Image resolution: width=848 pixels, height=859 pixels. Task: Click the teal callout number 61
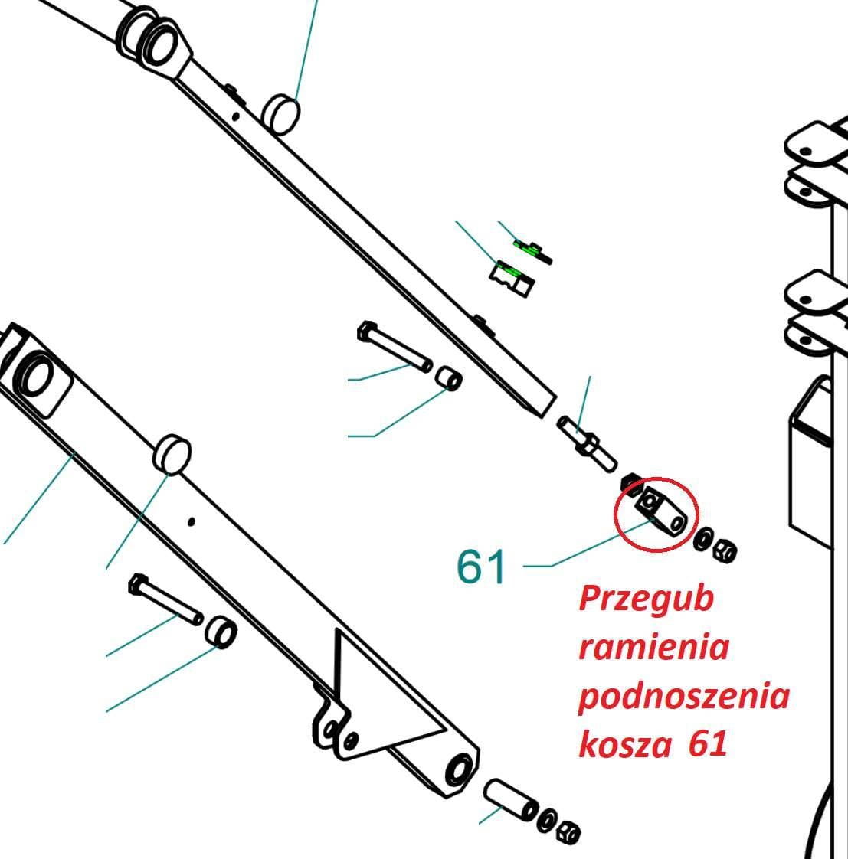click(x=481, y=567)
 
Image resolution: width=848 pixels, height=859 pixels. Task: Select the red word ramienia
click(x=654, y=647)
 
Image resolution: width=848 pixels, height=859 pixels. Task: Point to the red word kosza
click(x=625, y=744)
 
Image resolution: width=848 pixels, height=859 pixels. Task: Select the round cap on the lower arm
click(x=172, y=455)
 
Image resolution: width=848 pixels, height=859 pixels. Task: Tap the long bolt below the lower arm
click(x=165, y=599)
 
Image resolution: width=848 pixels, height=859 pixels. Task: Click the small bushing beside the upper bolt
click(x=448, y=378)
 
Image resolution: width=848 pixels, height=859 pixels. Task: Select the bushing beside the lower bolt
click(x=221, y=632)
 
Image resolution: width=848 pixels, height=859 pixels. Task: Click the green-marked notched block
click(x=512, y=279)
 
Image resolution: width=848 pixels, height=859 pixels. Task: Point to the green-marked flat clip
click(x=532, y=251)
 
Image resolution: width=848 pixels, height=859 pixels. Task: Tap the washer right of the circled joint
click(x=703, y=540)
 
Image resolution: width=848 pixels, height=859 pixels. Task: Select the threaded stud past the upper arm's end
click(x=587, y=445)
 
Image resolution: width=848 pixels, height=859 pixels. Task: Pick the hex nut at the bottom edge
click(x=568, y=832)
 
